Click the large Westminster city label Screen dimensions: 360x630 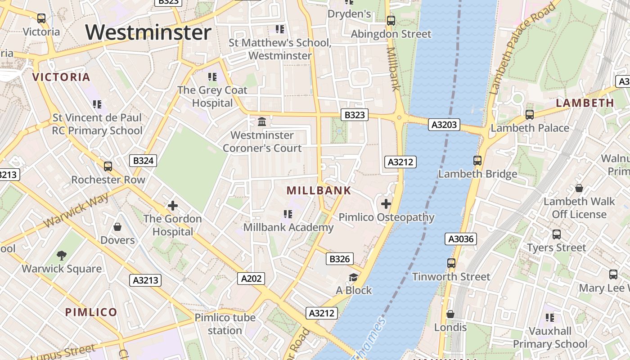click(x=148, y=33)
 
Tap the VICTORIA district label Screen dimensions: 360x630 click(x=61, y=77)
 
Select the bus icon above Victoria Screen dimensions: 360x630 click(x=41, y=18)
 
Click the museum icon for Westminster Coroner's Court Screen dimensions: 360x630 click(x=261, y=121)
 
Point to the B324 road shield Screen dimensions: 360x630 click(x=143, y=161)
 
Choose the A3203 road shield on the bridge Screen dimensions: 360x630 click(x=444, y=125)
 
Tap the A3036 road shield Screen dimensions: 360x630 click(x=461, y=239)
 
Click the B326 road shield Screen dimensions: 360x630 click(x=339, y=259)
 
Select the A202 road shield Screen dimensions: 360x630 click(x=251, y=279)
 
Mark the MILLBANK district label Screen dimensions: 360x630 click(x=319, y=190)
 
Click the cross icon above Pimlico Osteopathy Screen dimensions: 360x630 click(x=386, y=204)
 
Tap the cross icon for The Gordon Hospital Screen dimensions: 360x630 click(x=172, y=206)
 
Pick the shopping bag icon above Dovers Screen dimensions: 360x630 click(x=117, y=226)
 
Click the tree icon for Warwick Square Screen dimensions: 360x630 click(x=62, y=256)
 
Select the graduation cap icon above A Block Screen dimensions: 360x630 click(x=354, y=277)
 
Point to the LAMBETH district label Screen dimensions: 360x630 click(x=585, y=103)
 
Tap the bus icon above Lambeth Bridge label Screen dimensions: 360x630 click(x=477, y=160)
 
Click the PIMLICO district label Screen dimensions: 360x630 click(x=91, y=312)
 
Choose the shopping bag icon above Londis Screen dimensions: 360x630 click(x=450, y=314)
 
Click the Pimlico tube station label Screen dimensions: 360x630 click(x=225, y=324)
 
